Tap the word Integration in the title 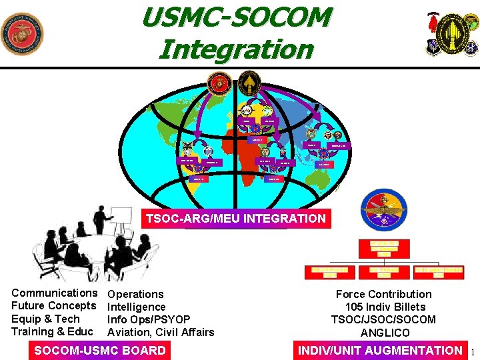pyautogui.click(x=237, y=49)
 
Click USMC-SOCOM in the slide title pyautogui.click(x=237, y=17)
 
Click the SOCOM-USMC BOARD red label pyautogui.click(x=100, y=350)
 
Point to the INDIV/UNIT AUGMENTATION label pyautogui.click(x=380, y=350)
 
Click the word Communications pyautogui.click(x=54, y=293)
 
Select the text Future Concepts pyautogui.click(x=54, y=305)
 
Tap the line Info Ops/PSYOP pyautogui.click(x=149, y=319)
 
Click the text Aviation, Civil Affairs pyautogui.click(x=161, y=332)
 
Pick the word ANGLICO pyautogui.click(x=383, y=332)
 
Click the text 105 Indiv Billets pyautogui.click(x=385, y=307)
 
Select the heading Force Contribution pyautogui.click(x=383, y=294)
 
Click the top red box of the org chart pyautogui.click(x=385, y=247)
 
